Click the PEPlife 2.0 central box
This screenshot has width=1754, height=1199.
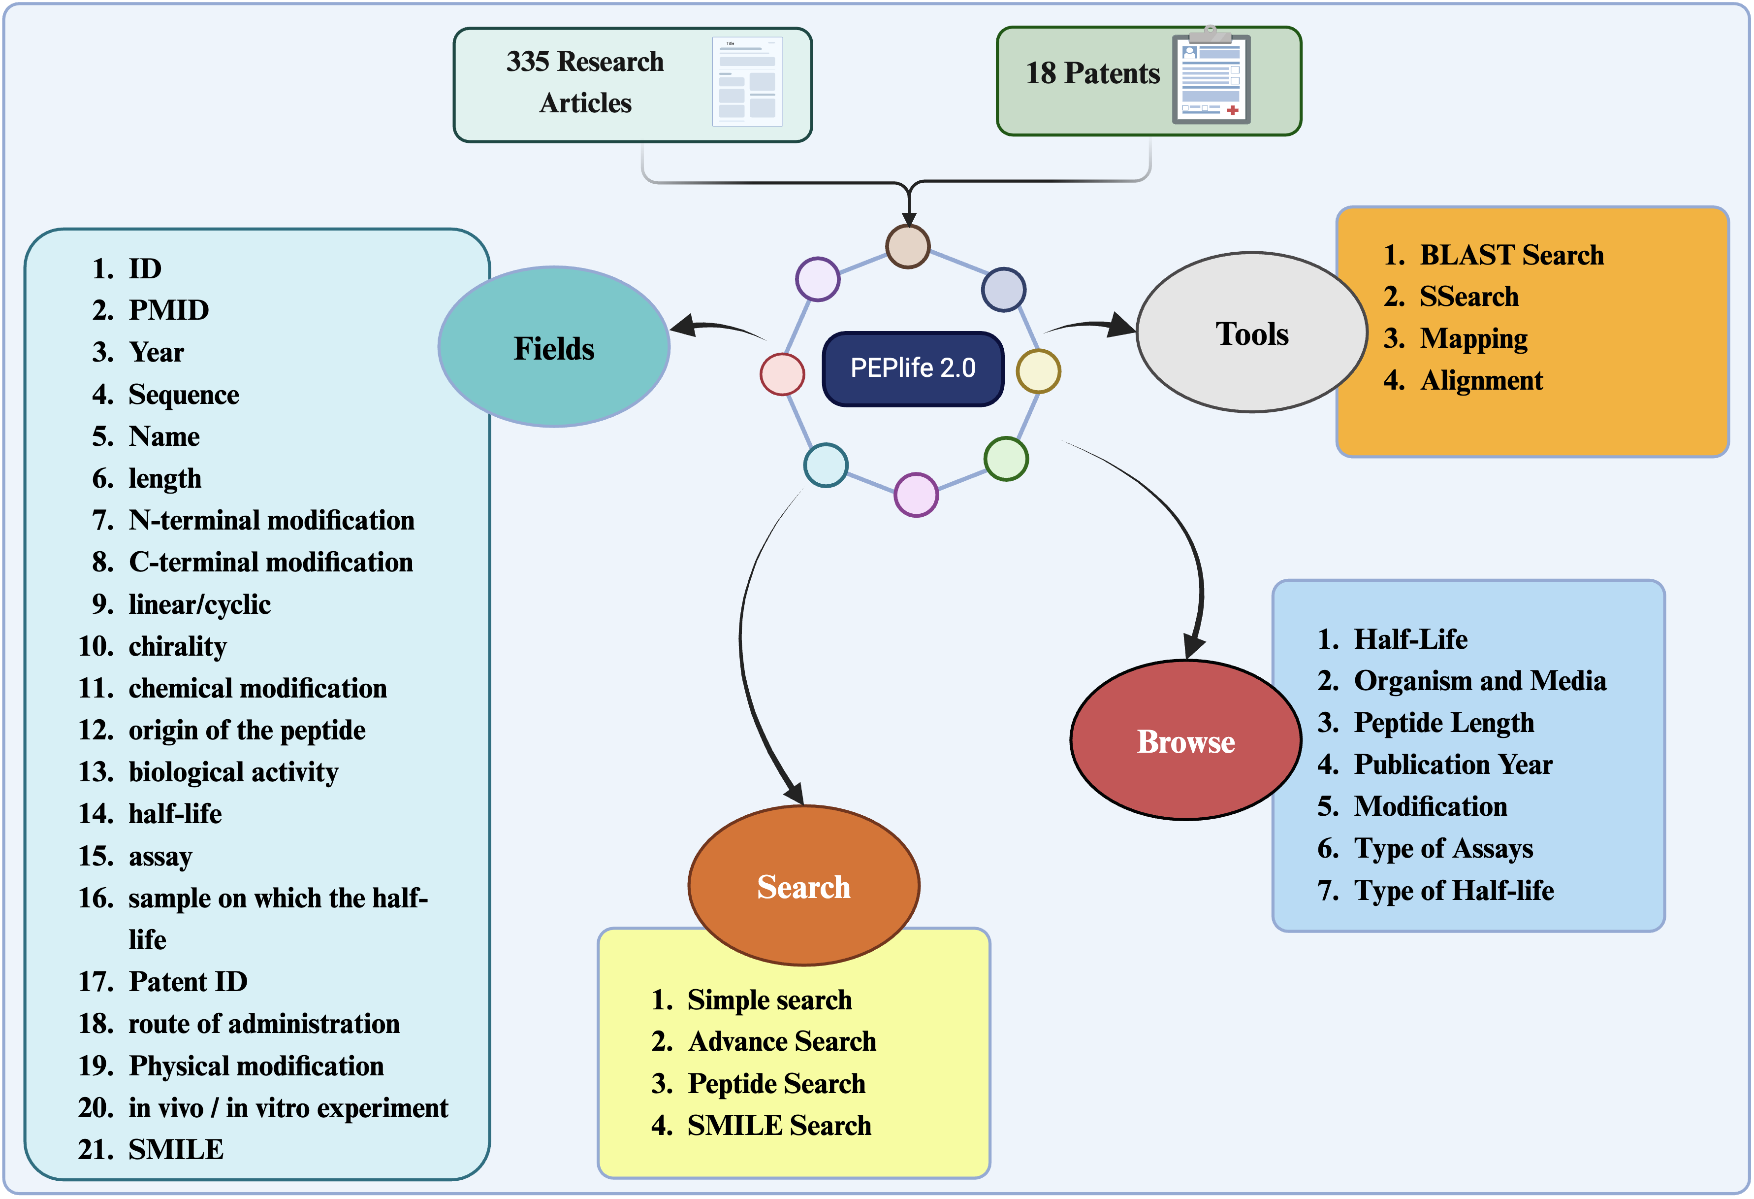tap(913, 368)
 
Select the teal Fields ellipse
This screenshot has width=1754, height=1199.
tap(554, 347)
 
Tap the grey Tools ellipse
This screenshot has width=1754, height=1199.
tap(1251, 333)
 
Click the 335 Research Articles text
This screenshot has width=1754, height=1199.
tap(585, 82)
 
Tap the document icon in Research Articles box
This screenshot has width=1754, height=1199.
tap(747, 82)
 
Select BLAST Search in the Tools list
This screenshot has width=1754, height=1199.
tap(1510, 255)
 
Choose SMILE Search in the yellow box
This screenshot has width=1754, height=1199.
tap(778, 1125)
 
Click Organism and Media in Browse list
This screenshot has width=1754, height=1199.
tap(1479, 681)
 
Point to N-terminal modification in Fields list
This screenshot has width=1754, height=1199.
tap(271, 520)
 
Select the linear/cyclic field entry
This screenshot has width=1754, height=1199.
tap(199, 604)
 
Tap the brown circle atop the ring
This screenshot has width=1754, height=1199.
tap(907, 246)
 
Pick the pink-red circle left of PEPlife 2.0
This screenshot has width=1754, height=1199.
tap(782, 374)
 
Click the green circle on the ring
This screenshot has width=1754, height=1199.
tap(1005, 458)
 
